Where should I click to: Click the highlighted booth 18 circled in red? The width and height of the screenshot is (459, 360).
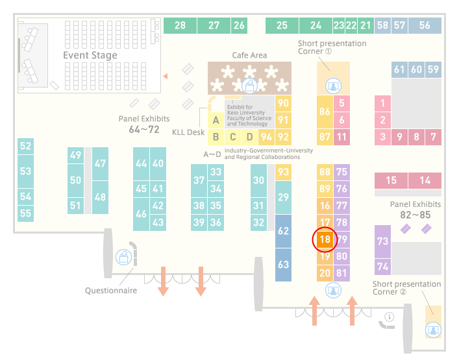(325, 239)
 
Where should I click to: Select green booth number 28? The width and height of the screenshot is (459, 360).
(180, 25)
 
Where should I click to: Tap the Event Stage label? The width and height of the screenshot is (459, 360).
(90, 55)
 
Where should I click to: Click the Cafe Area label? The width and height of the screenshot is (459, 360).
(249, 55)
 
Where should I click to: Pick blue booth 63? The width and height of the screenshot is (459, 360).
(283, 265)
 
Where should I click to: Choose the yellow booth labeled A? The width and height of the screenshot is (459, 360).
(216, 120)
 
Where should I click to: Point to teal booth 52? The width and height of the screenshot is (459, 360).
(25, 146)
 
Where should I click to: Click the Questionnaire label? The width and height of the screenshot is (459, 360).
(111, 291)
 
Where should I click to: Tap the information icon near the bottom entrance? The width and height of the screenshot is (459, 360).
(390, 317)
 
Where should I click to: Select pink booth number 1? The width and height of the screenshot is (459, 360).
(382, 103)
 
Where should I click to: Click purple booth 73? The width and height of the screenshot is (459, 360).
(382, 241)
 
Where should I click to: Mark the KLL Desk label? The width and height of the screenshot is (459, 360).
(188, 132)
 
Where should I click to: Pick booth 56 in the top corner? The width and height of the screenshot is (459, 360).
(425, 25)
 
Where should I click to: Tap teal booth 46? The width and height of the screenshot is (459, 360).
(141, 214)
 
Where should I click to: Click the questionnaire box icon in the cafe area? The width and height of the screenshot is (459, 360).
(249, 86)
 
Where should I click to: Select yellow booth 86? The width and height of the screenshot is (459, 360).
(325, 112)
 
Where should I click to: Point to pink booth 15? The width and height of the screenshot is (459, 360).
(391, 180)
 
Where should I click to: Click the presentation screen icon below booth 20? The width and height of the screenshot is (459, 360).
(333, 291)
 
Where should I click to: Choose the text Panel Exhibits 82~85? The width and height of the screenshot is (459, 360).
(416, 210)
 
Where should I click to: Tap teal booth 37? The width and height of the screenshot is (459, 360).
(199, 180)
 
